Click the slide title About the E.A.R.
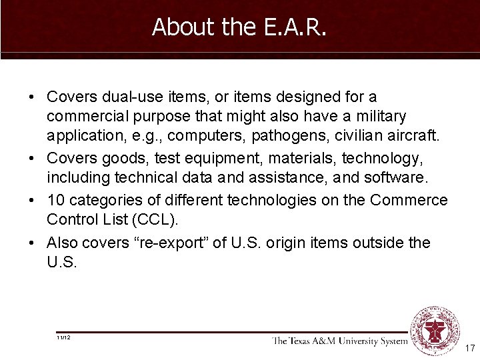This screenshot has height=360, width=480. click(239, 27)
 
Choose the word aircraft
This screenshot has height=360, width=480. click(414, 136)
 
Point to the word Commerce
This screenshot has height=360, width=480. click(409, 200)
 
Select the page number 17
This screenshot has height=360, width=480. click(469, 348)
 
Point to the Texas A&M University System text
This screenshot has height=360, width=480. click(339, 341)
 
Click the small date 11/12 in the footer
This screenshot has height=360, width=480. click(64, 338)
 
